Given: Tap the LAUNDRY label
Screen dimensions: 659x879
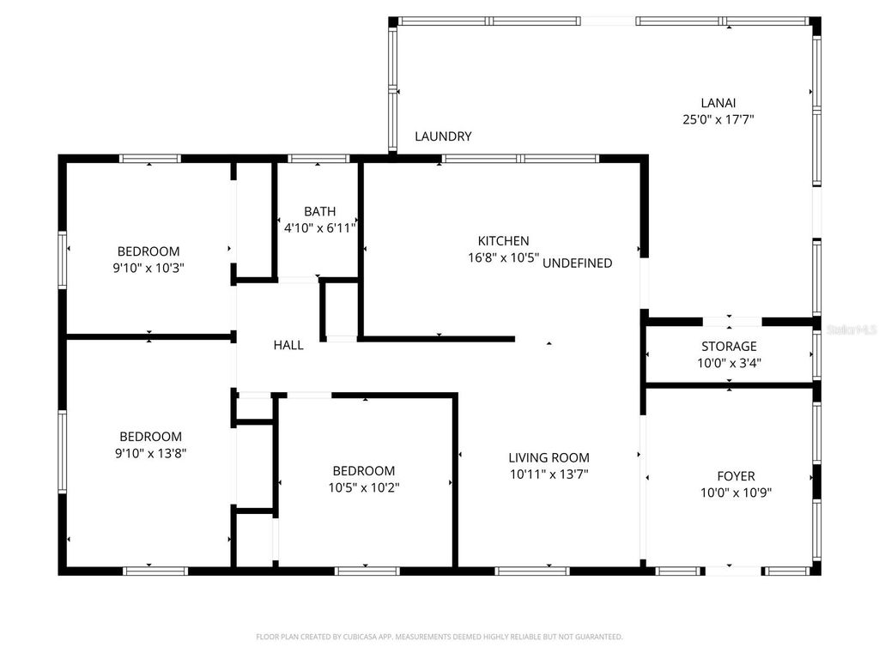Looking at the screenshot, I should point(443,136).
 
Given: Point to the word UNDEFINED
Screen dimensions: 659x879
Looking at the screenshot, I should point(577,263).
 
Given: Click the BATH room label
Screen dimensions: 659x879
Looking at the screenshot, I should point(319,211).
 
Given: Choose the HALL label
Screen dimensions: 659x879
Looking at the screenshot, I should point(288,345).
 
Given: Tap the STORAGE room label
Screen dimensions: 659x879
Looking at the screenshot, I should point(729,347).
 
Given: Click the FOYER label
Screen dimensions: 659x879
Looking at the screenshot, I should point(736,476).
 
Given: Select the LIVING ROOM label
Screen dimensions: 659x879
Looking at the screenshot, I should point(549,458).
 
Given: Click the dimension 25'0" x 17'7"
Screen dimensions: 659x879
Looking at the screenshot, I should point(718,121).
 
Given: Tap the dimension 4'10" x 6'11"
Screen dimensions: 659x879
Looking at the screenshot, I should point(319,227).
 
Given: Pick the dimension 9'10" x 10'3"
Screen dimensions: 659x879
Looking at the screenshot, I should point(149,268).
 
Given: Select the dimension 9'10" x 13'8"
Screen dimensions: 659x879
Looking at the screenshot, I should point(150,453).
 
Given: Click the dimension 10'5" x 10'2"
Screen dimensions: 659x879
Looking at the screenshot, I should point(364,487).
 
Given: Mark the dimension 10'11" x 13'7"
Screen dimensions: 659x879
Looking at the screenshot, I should point(549,475).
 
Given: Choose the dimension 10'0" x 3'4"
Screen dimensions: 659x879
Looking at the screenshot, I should point(729,363).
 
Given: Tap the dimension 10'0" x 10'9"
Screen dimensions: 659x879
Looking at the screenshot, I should point(736,493).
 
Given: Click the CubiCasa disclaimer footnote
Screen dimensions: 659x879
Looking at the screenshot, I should point(439,637).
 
